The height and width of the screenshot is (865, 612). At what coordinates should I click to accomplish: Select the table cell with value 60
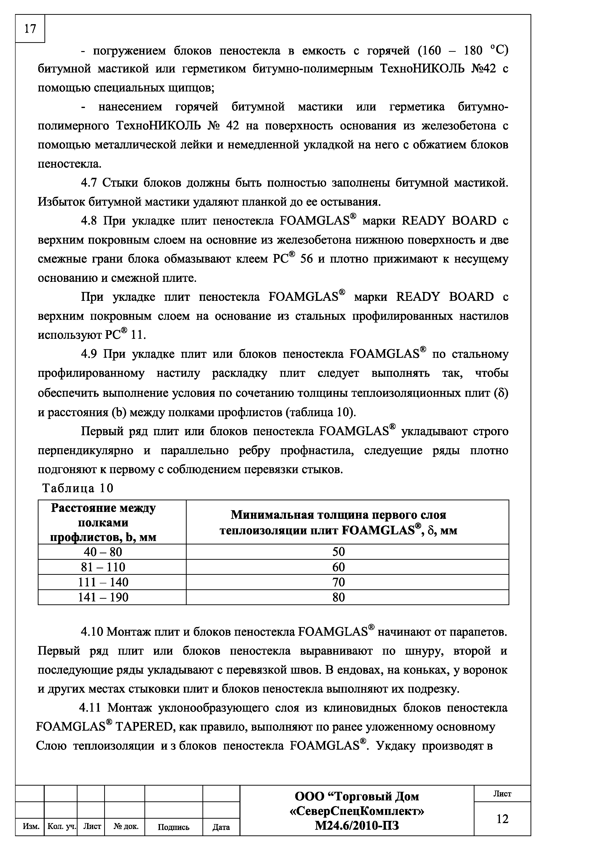click(338, 567)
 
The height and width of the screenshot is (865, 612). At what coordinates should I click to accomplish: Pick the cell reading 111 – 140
click(103, 582)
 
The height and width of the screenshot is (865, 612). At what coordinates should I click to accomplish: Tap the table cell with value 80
click(338, 597)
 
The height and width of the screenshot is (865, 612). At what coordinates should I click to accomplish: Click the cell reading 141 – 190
click(103, 597)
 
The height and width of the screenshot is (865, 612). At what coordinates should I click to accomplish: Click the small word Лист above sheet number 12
click(502, 794)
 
